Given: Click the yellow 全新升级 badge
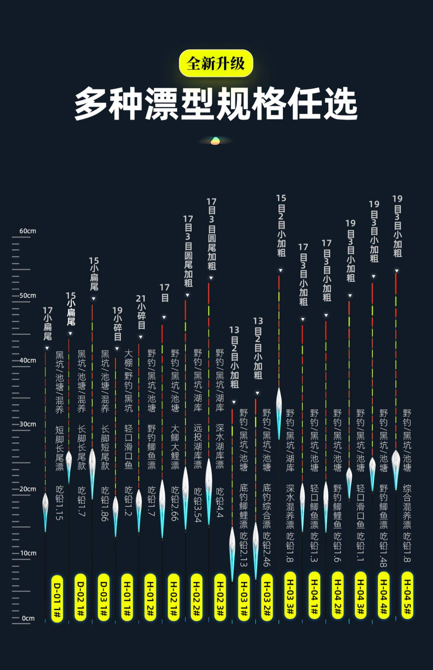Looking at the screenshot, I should click(x=216, y=63).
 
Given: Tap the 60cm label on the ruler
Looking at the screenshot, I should click(x=28, y=231).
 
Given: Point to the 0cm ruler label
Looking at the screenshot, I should click(x=28, y=618).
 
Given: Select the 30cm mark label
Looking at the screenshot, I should click(x=28, y=424).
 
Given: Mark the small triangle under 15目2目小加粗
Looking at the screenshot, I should click(x=280, y=270).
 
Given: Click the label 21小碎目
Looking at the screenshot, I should click(x=141, y=312).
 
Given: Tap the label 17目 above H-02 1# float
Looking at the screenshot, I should click(x=165, y=293).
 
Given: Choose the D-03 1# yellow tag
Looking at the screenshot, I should click(x=104, y=597).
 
